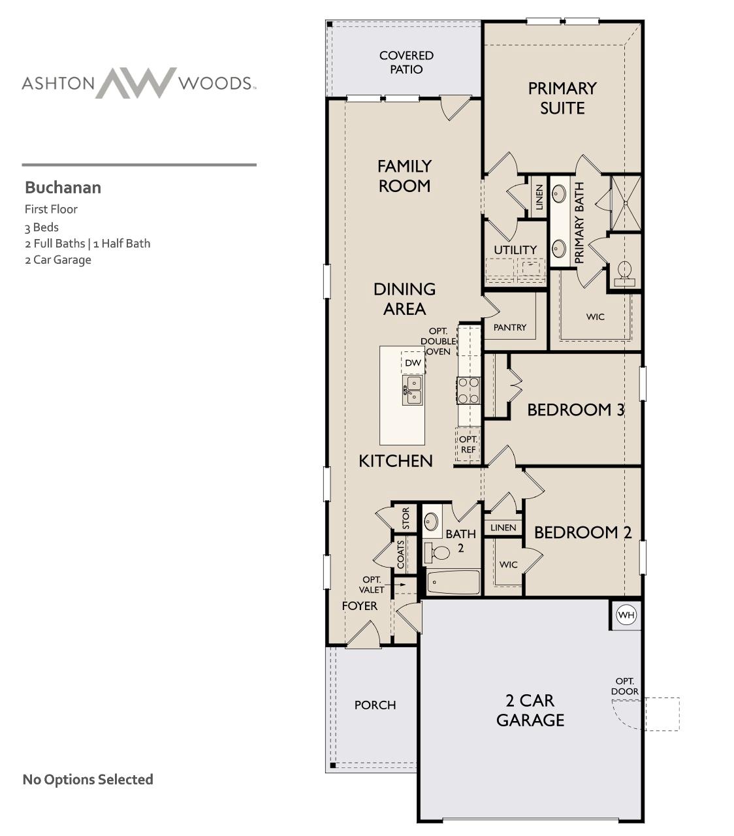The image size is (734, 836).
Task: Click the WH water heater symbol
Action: (x=626, y=615)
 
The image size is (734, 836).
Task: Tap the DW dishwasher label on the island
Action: (x=413, y=363)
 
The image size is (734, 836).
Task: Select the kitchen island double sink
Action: (x=413, y=390)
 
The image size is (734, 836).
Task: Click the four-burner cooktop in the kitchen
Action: (x=468, y=391)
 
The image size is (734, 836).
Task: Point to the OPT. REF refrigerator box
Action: (x=468, y=444)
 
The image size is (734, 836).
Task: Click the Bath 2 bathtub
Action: (x=454, y=582)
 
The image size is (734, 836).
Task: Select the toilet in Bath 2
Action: (x=438, y=553)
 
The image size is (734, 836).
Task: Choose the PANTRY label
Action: (x=510, y=327)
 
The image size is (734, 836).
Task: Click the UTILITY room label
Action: (x=515, y=250)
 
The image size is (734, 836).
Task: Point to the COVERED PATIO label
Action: (x=406, y=63)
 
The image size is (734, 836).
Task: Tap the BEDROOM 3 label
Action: (x=575, y=410)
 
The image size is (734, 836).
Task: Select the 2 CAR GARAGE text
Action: (x=530, y=710)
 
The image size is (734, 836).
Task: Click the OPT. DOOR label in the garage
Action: (x=625, y=686)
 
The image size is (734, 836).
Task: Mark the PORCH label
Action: (x=375, y=705)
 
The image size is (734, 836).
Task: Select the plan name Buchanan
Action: (x=63, y=188)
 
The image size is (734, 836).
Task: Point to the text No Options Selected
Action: (x=88, y=779)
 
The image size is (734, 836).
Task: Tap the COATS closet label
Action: (x=400, y=554)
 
